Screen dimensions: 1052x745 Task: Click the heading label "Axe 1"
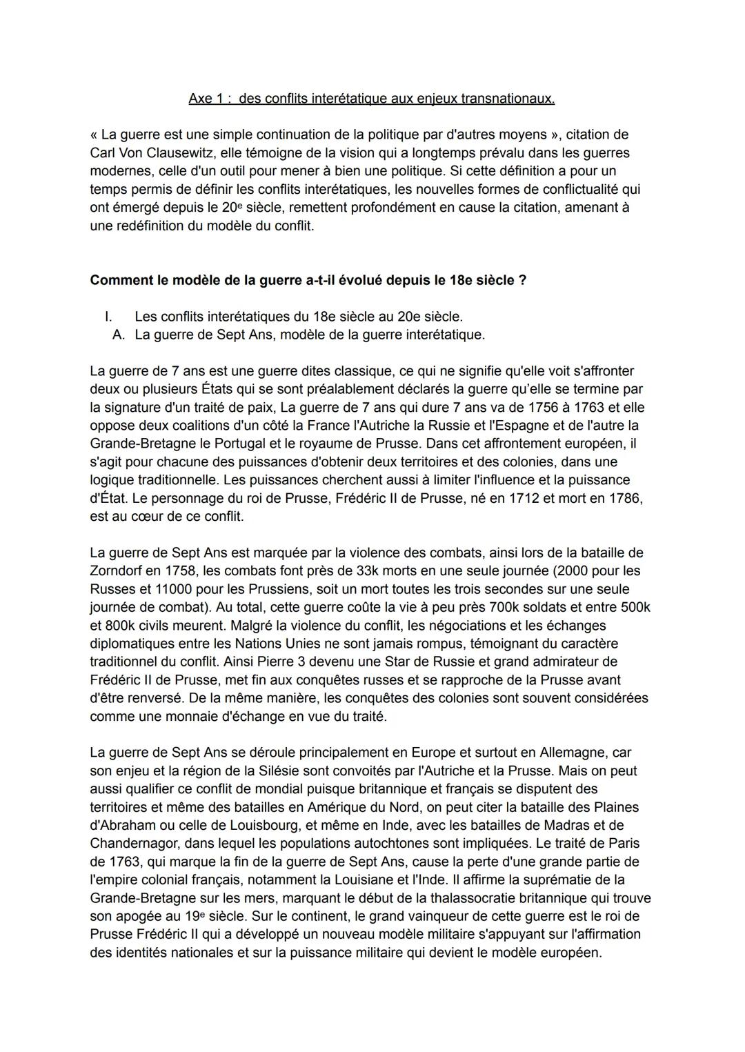(205, 99)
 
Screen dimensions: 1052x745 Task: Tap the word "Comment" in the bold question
(119, 281)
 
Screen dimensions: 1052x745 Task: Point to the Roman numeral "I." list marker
(108, 317)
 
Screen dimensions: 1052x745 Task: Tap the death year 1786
(625, 498)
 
